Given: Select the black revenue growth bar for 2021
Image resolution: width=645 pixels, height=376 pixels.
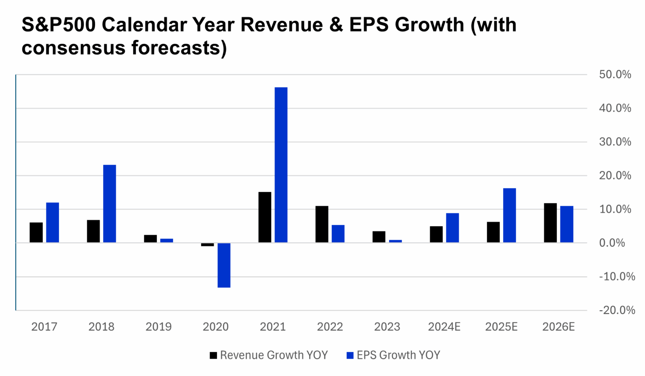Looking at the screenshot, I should [x=265, y=217].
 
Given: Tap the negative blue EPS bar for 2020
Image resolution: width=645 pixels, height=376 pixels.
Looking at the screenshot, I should [x=224, y=265].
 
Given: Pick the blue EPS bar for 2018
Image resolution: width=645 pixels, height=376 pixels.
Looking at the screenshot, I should [x=110, y=204].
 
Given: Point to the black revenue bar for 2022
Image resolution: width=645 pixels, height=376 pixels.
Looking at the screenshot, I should [x=322, y=224].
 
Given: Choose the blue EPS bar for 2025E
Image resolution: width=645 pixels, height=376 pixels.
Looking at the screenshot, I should [x=510, y=215].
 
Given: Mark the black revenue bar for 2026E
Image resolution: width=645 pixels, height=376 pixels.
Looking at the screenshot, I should [x=550, y=223].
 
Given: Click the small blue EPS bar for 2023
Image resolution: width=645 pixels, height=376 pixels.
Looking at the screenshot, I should [x=395, y=241].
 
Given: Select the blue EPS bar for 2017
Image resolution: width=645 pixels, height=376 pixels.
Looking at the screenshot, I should [x=52, y=222].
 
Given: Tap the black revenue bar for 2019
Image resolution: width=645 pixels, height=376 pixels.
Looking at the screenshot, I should [x=150, y=239].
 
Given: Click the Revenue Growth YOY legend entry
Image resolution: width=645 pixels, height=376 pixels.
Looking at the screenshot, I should [x=269, y=355].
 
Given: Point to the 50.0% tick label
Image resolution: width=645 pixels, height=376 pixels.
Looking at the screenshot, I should [x=615, y=75].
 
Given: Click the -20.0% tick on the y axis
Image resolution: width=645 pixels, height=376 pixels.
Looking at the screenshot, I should [x=617, y=310].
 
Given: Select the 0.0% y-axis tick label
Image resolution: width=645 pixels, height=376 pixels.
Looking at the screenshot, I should [x=612, y=243].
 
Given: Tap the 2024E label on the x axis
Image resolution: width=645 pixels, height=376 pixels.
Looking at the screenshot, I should [x=444, y=326].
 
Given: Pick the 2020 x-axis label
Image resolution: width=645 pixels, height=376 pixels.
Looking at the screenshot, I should [x=216, y=326].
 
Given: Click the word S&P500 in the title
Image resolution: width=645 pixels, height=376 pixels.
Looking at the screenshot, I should [x=58, y=25].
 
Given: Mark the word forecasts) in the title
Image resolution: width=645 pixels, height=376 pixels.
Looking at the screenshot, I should [x=179, y=48].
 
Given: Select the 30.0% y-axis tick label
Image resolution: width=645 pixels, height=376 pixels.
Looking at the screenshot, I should [x=615, y=142].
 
